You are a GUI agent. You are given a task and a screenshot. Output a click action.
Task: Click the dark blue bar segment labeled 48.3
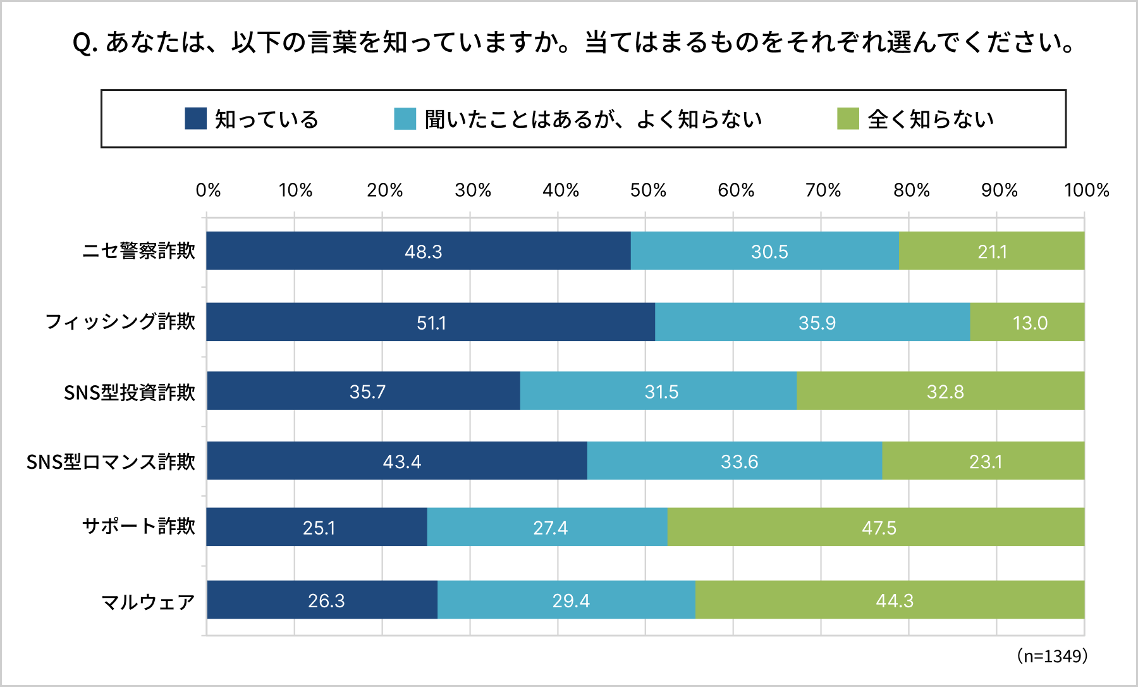(x=418, y=251)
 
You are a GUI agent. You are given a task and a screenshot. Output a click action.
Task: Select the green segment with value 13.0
(x=1027, y=323)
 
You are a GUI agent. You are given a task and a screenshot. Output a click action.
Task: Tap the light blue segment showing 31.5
(x=658, y=392)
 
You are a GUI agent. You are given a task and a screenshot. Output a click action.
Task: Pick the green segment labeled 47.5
(x=876, y=527)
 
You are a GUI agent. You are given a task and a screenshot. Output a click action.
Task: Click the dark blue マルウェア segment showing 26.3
(x=322, y=600)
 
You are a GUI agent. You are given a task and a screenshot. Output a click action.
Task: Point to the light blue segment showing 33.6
(x=735, y=461)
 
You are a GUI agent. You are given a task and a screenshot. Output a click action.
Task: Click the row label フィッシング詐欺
(x=120, y=321)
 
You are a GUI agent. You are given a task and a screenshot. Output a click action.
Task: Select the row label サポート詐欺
(x=138, y=526)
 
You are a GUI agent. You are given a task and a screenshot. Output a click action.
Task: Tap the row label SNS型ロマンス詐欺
(x=111, y=462)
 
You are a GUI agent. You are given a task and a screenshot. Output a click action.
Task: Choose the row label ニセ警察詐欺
(x=138, y=251)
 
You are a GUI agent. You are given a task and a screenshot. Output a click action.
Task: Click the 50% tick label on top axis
(x=648, y=190)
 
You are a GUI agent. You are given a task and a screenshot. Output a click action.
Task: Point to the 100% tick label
(x=1086, y=190)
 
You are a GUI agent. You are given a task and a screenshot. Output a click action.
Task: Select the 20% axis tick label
(x=384, y=190)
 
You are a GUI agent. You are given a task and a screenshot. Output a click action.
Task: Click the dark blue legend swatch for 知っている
(x=195, y=119)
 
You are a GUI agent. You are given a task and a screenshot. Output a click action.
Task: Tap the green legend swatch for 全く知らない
(x=847, y=119)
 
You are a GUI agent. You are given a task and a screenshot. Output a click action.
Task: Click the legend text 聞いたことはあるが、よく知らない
(x=593, y=119)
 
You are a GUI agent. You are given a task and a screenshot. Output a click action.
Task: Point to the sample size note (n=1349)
(x=1052, y=656)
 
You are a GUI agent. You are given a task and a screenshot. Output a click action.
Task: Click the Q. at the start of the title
(x=85, y=43)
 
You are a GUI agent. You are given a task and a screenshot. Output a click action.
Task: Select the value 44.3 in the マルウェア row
(x=894, y=600)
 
